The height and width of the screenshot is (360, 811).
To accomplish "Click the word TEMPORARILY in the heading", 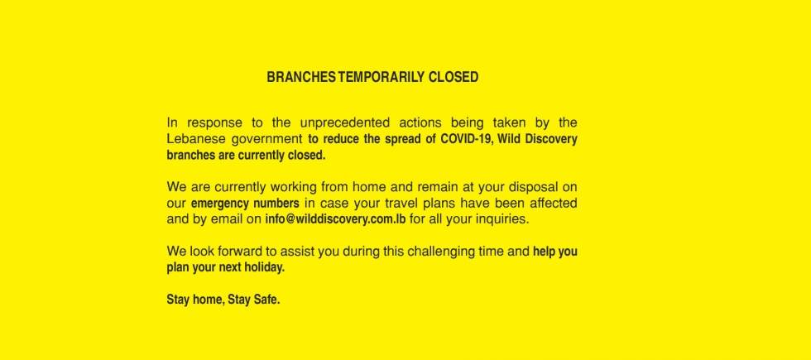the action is coord(382,77).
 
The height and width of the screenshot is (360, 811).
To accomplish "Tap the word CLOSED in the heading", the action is coord(453,77).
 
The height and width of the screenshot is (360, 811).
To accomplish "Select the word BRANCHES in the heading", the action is coord(301,77).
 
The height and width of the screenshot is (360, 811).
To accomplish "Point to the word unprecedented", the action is coord(345,123).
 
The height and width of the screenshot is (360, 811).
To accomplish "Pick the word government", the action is coord(266,140).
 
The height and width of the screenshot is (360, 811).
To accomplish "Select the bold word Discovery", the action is coord(551,140).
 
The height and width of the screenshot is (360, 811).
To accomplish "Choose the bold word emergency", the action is coord(217,204).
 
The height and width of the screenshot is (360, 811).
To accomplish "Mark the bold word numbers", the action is coord(273,203).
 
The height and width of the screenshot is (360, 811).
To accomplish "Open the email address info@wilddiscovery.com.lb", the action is coord(335,218).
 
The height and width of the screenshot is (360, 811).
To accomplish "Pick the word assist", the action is coord(297,252).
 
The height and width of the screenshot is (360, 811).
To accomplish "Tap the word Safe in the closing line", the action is coord(266,300).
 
